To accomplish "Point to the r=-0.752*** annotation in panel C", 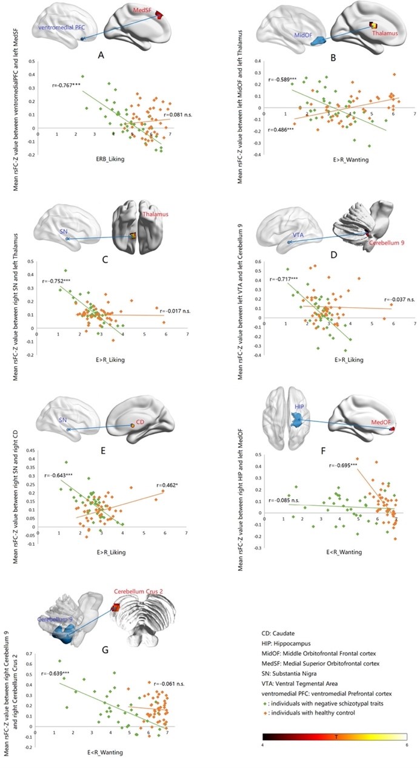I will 58,281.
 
